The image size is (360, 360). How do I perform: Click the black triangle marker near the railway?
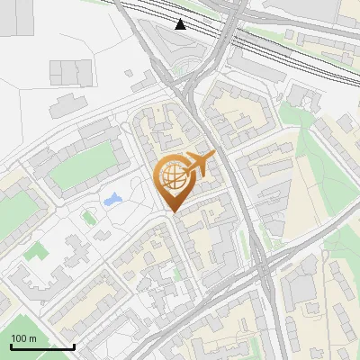(181, 24)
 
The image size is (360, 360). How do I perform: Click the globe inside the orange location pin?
(173, 176)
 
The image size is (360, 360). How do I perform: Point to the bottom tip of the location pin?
(173, 211)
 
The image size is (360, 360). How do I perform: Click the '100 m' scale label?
(23, 337)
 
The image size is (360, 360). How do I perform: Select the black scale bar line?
(42, 346)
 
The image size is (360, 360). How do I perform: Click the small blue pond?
(112, 198)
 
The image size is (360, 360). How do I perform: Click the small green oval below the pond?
(88, 217)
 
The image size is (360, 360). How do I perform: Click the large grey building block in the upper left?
(71, 72)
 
